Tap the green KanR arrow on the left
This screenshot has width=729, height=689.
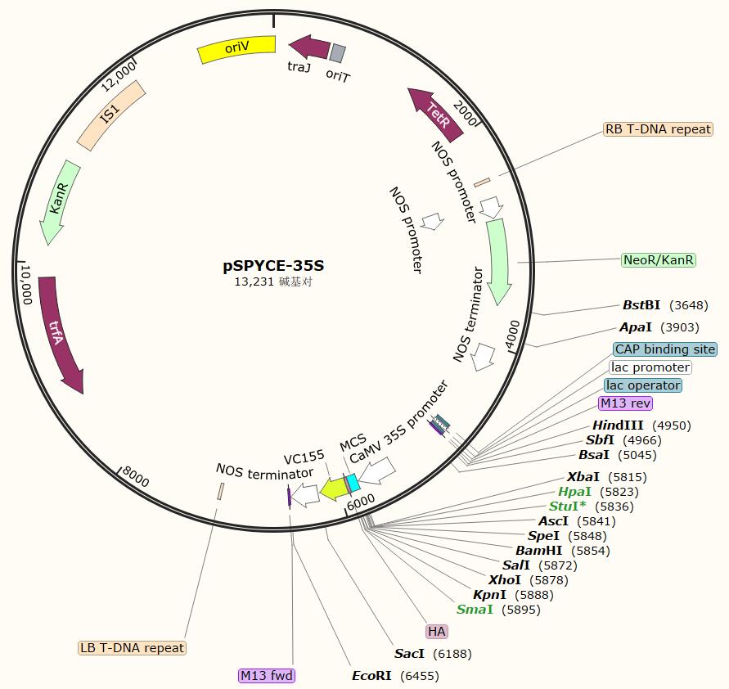[x=60, y=201]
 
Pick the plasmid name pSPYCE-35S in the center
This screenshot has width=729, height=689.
[x=273, y=265]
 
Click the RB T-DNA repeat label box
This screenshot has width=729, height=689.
[x=658, y=129]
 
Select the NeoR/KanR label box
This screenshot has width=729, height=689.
[x=659, y=260]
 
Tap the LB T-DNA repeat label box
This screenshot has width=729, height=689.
[x=133, y=648]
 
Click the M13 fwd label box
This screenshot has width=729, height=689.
[x=267, y=675]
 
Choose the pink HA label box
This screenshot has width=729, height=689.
[x=436, y=631]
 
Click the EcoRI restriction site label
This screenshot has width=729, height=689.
[x=372, y=675]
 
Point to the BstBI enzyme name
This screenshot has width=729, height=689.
[x=641, y=305]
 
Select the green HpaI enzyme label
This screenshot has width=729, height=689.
[x=574, y=492]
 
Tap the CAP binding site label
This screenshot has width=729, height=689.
[x=665, y=349]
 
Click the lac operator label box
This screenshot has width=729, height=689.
[x=643, y=385]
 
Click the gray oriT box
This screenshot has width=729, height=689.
[x=337, y=53]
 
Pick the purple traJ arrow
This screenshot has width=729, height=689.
[x=308, y=47]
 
